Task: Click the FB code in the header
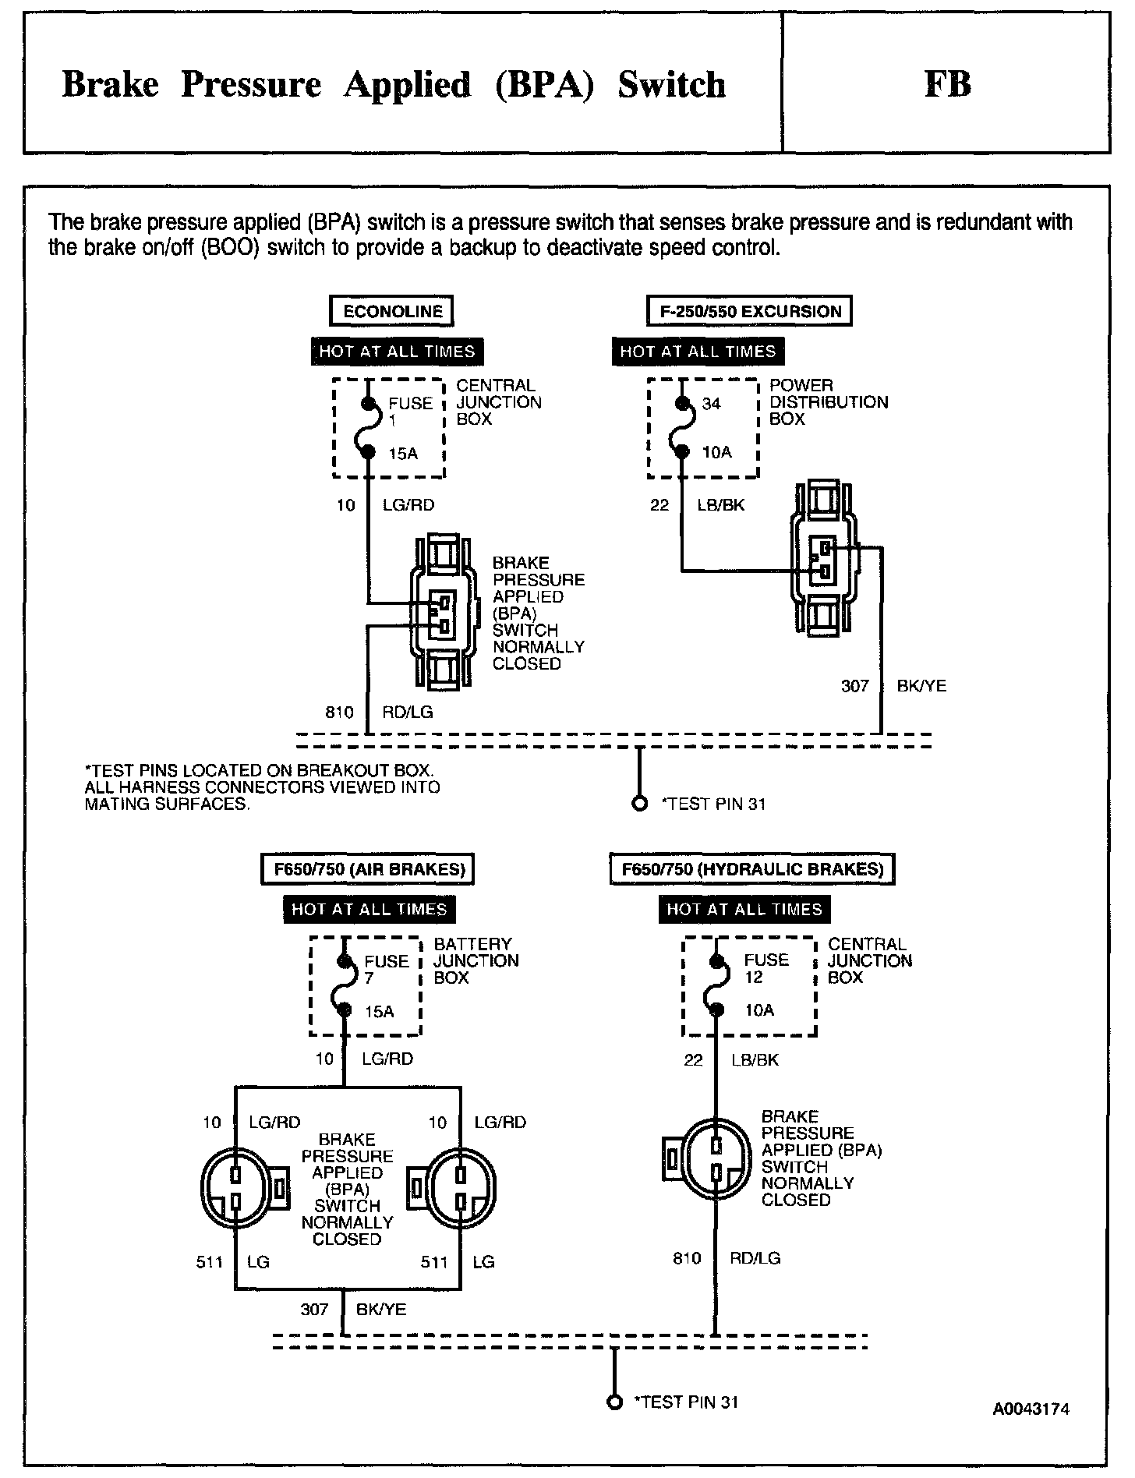(x=947, y=84)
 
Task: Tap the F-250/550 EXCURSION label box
(x=750, y=312)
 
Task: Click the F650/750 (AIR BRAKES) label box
(x=368, y=869)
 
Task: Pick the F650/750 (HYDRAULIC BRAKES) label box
(x=752, y=869)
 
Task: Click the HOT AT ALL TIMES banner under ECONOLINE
(x=397, y=352)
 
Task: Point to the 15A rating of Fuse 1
(x=403, y=453)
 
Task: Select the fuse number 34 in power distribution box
(x=712, y=404)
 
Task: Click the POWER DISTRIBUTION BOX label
(x=828, y=402)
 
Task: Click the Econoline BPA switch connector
(x=440, y=612)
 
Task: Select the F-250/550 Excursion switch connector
(x=824, y=558)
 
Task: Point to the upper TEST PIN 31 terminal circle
(x=640, y=804)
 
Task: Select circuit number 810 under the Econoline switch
(x=339, y=712)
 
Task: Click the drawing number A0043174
(x=1031, y=1409)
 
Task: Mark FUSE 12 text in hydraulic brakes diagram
(x=765, y=968)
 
